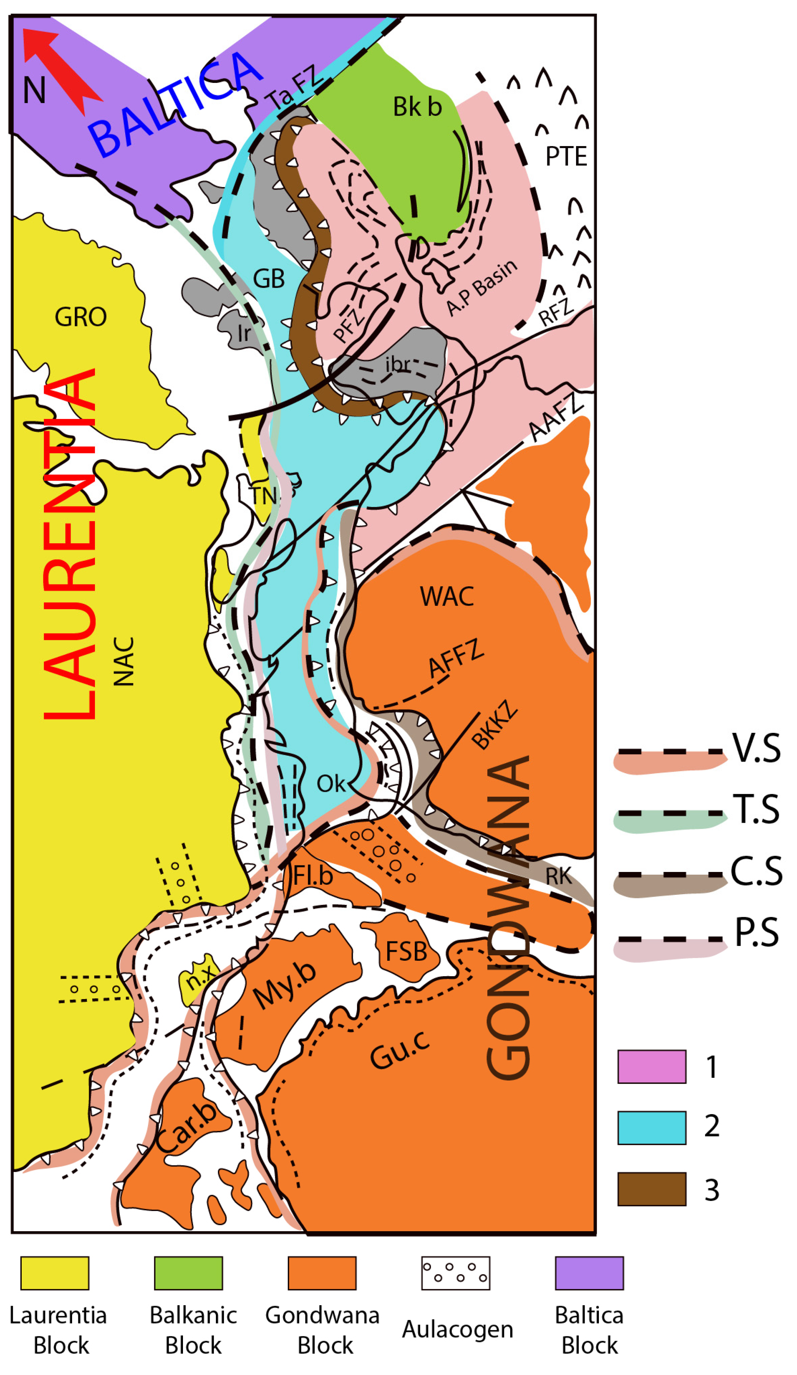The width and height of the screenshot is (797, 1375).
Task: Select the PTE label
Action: pos(566,157)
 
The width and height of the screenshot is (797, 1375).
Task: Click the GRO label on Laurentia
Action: pos(80,317)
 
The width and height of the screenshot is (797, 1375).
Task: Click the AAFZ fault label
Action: pos(556,417)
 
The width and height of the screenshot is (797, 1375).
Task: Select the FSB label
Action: pos(406,952)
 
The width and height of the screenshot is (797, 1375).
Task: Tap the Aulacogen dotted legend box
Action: pos(455,1273)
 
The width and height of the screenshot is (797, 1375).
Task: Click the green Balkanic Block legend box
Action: pos(188,1273)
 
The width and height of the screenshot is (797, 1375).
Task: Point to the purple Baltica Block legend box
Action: pos(589,1273)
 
